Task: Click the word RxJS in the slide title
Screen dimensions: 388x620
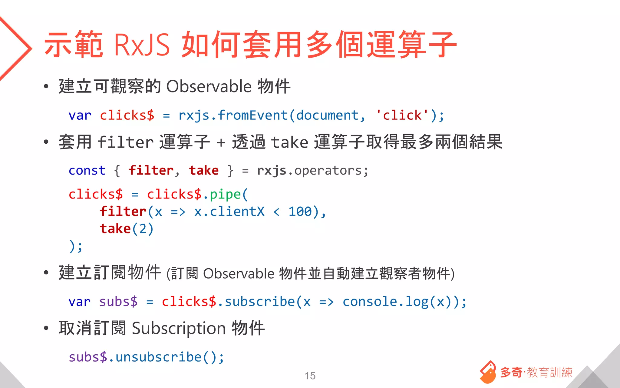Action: pos(142,45)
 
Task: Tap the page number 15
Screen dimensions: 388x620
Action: pos(310,376)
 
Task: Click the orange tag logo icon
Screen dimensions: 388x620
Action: pos(488,372)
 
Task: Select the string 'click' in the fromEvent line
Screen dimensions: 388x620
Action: pos(402,115)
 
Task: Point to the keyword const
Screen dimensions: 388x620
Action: pos(87,171)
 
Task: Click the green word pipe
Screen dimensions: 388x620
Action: pos(225,194)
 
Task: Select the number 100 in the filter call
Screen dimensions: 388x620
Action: pos(300,212)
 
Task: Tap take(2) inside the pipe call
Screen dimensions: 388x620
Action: pos(127,229)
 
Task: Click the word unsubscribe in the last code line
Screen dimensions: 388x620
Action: pos(158,357)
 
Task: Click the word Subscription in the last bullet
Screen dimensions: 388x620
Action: pos(179,328)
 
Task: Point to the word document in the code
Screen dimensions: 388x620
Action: pos(327,115)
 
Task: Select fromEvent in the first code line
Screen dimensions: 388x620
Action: pos(252,115)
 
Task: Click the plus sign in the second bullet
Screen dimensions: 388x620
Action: pos(221,142)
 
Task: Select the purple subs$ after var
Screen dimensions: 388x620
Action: pos(118,302)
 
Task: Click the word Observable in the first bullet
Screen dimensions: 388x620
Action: pos(209,87)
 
